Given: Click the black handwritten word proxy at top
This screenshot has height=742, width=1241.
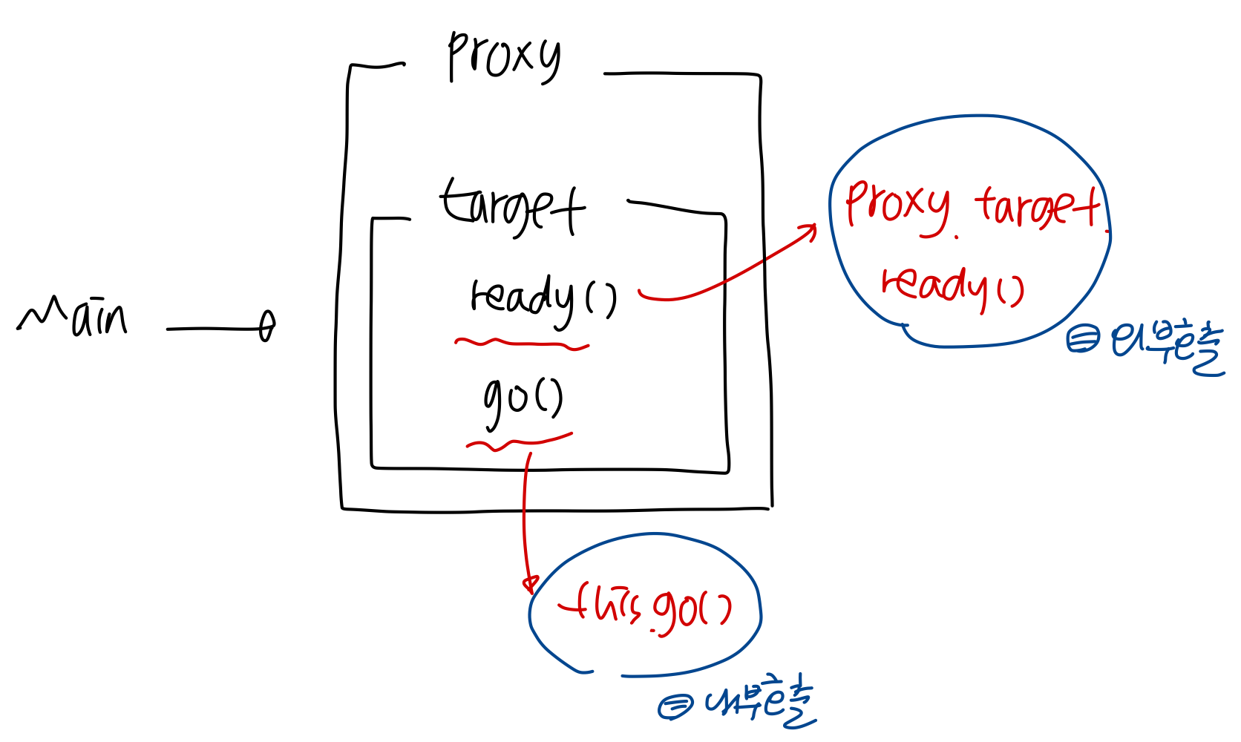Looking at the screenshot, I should coord(504,56).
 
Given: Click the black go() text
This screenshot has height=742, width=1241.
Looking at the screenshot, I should coord(523,398).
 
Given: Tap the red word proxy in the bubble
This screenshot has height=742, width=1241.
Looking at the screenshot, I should coord(897,206).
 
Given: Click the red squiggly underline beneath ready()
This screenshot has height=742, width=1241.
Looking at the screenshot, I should coord(522,344).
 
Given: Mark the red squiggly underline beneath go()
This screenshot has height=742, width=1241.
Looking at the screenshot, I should coord(519,442).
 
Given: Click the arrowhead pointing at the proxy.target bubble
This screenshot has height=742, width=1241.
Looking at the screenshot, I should coord(810,229).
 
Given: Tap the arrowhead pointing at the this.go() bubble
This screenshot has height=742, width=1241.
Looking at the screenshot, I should coord(529,584).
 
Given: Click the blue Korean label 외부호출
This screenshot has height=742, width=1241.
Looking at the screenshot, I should coord(1166,346).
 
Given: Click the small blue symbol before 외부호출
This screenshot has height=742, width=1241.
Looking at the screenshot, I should coord(1082,340).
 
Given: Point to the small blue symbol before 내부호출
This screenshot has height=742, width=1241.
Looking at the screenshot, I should coord(675,706).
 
